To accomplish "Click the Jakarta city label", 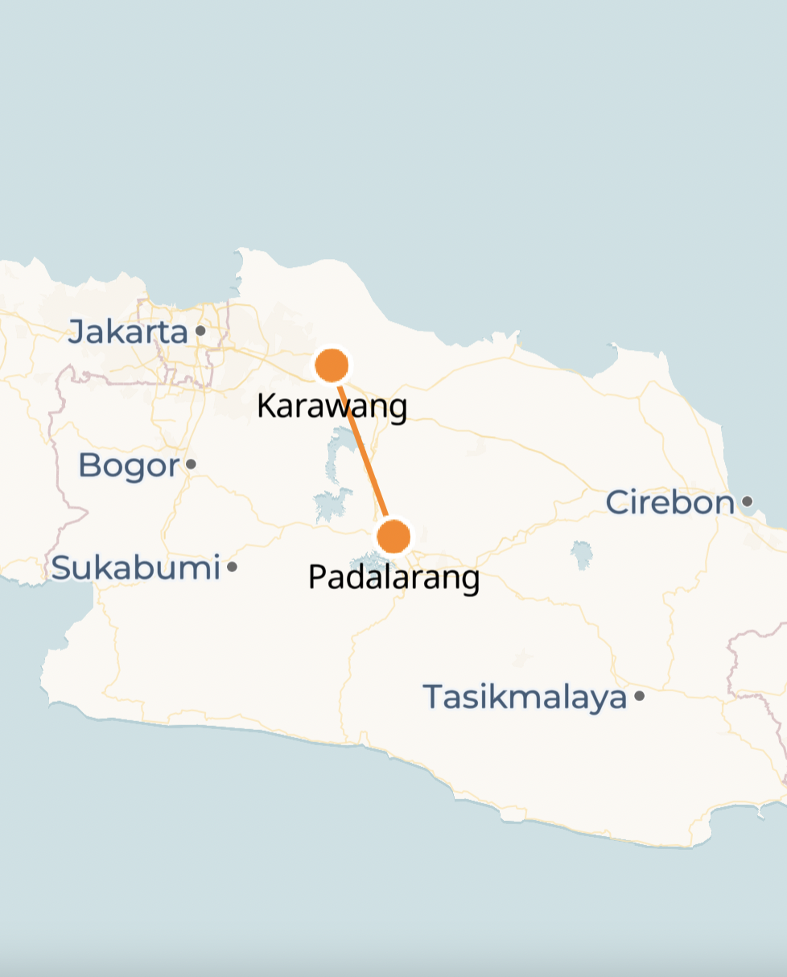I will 127,332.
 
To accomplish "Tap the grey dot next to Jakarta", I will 200,330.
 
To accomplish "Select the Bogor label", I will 128,465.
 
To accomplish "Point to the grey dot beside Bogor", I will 191,464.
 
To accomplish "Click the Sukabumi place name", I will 135,567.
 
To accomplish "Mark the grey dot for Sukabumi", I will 232,567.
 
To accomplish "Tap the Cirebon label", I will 670,502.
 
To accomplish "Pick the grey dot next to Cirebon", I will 747,501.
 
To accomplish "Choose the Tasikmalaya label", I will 525,696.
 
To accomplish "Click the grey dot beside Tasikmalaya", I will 639,695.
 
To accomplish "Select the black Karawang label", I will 332,406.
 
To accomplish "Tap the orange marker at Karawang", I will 331,365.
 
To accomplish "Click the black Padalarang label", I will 393,577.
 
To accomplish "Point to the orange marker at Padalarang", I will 393,536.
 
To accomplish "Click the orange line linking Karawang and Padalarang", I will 362,451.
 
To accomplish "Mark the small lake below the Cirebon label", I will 581,554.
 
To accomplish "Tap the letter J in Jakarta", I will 76,332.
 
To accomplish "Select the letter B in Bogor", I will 89,465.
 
